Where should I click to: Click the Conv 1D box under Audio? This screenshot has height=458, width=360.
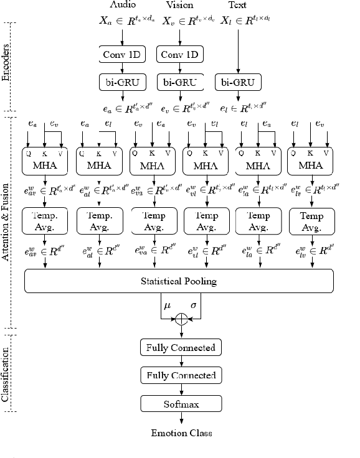tap(122, 55)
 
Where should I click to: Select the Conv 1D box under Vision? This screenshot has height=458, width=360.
tap(179, 55)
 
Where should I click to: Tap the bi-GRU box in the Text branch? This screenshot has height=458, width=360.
tap(237, 82)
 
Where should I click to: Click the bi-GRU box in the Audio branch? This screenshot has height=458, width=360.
tap(122, 82)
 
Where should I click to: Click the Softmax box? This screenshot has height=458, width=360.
tap(181, 404)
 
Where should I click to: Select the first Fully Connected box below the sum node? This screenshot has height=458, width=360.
tap(181, 347)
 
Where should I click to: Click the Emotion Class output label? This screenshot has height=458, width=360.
tap(181, 433)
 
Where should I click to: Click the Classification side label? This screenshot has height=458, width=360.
tap(6, 377)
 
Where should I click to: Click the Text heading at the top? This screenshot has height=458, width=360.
tap(238, 6)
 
